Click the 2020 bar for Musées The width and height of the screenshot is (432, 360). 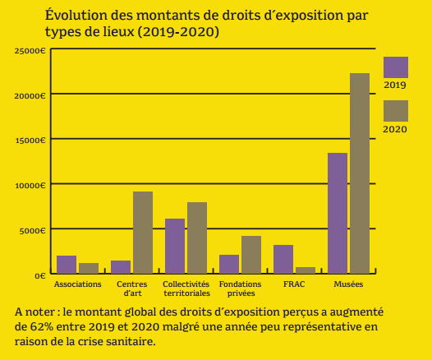(360, 173)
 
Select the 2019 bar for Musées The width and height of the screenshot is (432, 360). (338, 213)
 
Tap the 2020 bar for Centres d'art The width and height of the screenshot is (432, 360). (143, 232)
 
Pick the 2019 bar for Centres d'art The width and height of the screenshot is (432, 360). (121, 266)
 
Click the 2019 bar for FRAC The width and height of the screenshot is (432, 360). (283, 259)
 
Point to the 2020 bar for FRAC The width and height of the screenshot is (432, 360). (306, 270)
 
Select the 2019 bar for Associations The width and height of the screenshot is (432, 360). (67, 264)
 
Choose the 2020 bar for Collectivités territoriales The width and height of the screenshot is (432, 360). (197, 238)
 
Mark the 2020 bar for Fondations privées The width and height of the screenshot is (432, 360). (251, 254)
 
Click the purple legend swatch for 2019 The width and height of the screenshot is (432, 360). (396, 67)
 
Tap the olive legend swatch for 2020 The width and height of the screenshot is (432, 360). (396, 111)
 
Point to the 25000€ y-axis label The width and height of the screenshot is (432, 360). (30, 51)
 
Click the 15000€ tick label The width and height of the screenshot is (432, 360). (30, 141)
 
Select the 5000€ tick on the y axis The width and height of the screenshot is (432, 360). (32, 230)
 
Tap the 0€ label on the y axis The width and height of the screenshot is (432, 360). (39, 275)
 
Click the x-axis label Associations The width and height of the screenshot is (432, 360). (78, 284)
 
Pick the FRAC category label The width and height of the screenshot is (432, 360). (294, 284)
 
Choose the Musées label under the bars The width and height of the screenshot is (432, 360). (348, 284)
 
